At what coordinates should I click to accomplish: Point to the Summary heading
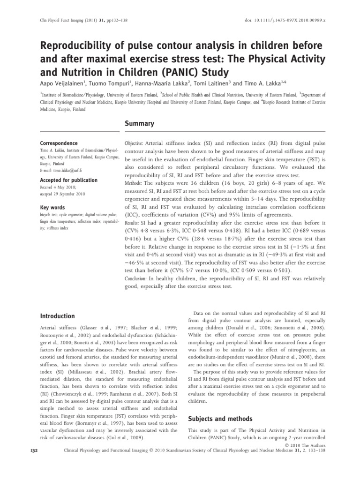(x=139, y=123)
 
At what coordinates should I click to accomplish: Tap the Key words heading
(x=52, y=207)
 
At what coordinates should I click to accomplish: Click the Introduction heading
(x=57, y=316)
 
